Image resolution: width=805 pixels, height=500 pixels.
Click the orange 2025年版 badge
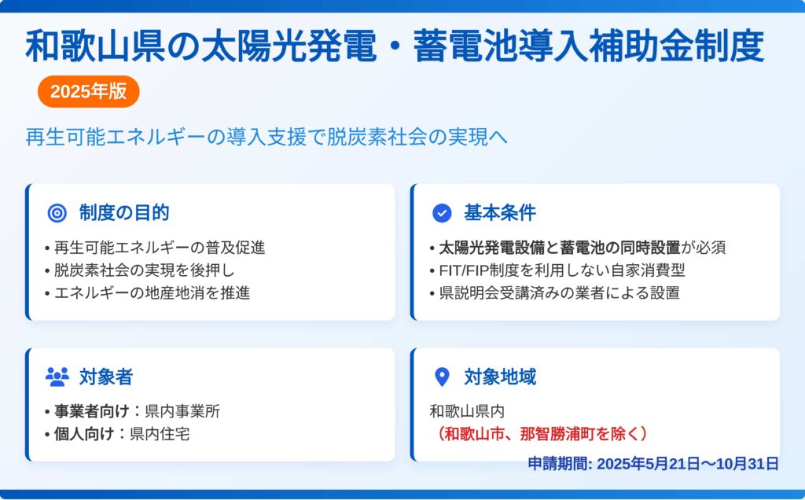click(88, 91)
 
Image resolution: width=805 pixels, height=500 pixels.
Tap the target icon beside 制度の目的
click(57, 212)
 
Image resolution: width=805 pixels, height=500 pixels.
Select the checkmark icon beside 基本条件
click(442, 212)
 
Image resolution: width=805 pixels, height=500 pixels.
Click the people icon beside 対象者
click(57, 377)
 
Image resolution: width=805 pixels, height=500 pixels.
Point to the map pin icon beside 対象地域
click(442, 377)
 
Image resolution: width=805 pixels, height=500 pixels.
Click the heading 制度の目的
click(124, 212)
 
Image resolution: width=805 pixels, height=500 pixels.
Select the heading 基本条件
click(500, 212)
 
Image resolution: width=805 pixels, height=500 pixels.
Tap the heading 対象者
click(106, 377)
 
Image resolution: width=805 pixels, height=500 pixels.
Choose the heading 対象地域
click(500, 377)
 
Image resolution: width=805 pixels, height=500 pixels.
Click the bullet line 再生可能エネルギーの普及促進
click(155, 248)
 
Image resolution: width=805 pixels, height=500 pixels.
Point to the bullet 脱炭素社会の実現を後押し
click(140, 270)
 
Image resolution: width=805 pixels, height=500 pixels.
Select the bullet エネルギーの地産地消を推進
click(147, 292)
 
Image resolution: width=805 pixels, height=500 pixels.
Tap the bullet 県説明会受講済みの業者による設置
click(555, 292)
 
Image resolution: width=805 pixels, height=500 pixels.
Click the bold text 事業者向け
click(91, 411)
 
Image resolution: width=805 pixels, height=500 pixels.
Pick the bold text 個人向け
click(83, 434)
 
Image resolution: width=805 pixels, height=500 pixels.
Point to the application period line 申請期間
click(653, 464)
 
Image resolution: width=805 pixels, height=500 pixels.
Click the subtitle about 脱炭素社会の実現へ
click(266, 137)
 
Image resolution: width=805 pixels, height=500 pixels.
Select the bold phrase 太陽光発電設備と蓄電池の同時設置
click(560, 248)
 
